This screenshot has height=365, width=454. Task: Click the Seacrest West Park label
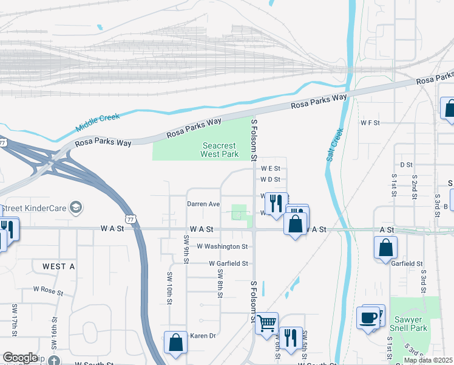[x=220, y=150]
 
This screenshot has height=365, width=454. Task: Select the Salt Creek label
[x=335, y=144]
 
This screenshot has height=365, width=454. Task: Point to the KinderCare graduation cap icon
[x=76, y=207]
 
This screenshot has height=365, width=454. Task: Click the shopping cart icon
[x=266, y=323]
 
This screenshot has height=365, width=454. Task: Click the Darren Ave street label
[x=203, y=204]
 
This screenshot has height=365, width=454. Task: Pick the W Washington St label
[x=223, y=246]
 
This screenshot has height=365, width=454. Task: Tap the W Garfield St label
[x=229, y=263]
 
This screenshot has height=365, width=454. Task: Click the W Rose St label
[x=48, y=291]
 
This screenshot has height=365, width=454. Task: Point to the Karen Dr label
[x=203, y=336]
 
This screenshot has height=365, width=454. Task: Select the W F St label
[x=370, y=122]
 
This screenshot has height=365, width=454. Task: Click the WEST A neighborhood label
[x=59, y=266]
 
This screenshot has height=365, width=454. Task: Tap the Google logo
[x=19, y=358]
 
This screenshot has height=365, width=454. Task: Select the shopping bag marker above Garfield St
[x=386, y=247]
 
